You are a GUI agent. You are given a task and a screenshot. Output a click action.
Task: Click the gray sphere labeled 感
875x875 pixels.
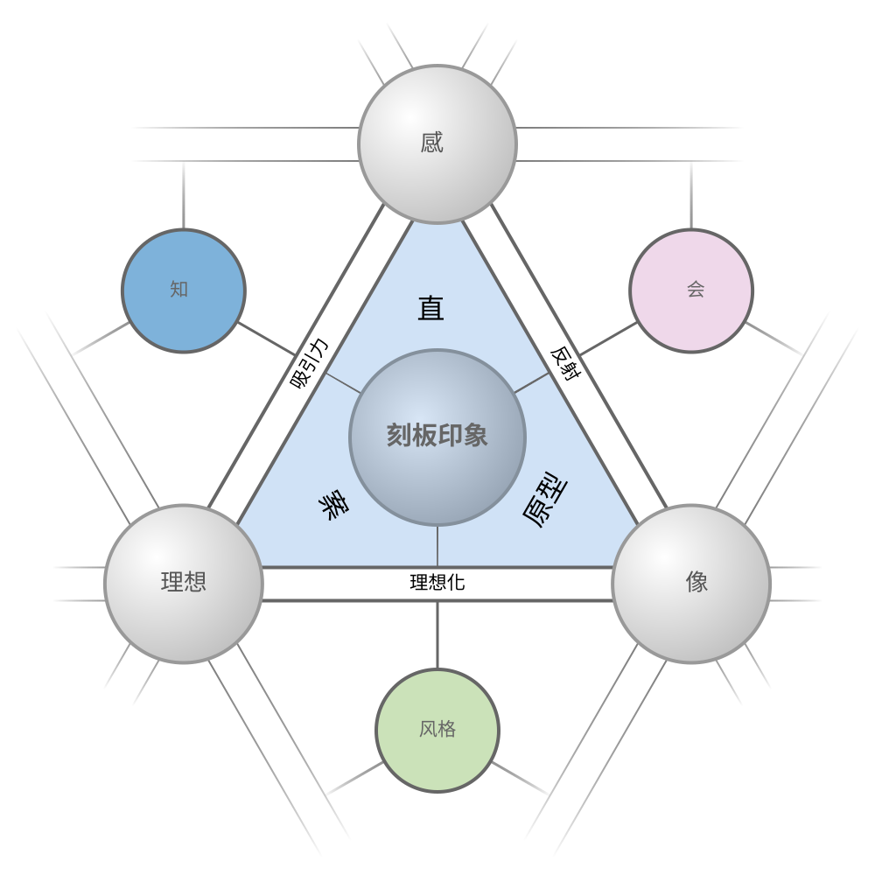(x=437, y=144)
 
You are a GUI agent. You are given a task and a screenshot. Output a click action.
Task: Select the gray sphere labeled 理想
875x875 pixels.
(x=184, y=584)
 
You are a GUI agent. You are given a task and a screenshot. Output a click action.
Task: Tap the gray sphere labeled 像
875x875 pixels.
(x=691, y=584)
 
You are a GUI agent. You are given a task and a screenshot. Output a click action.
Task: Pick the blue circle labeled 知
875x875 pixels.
(x=184, y=290)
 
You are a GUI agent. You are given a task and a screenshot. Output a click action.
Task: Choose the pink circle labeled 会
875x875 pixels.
(x=691, y=290)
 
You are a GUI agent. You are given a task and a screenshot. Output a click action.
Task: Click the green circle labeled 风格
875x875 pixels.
(x=437, y=731)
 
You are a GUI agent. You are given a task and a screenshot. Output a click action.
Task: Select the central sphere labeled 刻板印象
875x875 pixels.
(x=437, y=437)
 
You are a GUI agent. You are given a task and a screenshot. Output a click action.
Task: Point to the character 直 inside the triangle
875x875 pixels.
(x=430, y=308)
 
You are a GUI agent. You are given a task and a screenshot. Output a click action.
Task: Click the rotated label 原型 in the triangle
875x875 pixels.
(x=545, y=500)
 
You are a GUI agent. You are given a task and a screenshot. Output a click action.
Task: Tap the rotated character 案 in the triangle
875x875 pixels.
(x=333, y=505)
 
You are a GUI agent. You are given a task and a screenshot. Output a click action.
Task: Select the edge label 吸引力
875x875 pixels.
(x=309, y=363)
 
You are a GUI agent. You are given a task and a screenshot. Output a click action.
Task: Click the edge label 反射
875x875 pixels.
(x=566, y=363)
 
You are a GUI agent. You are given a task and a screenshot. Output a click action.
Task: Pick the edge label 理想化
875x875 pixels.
(x=437, y=583)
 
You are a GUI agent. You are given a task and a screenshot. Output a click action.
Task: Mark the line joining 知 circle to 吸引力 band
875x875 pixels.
(x=266, y=338)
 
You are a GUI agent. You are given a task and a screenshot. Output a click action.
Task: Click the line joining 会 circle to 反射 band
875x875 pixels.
(x=609, y=338)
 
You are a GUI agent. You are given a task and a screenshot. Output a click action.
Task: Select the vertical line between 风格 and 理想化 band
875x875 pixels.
(x=437, y=635)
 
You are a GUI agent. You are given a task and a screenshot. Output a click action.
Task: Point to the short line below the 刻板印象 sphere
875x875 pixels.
(x=437, y=546)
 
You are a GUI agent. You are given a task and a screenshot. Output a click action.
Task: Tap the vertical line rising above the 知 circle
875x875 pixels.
(x=184, y=195)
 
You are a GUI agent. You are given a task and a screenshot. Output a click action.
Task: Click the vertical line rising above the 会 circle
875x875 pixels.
(x=691, y=195)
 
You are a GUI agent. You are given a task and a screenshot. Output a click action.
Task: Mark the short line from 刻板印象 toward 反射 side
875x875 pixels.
(x=532, y=383)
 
